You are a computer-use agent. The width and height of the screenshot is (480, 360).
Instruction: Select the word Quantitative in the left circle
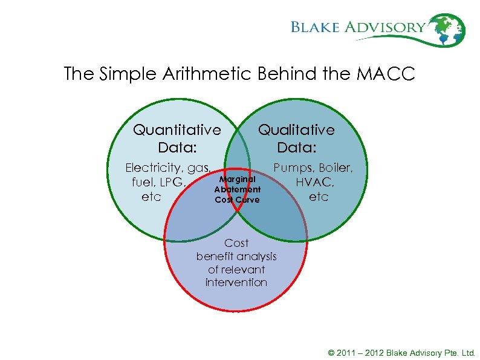point(177,130)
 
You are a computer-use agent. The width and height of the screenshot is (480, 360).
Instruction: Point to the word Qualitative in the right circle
point(296,130)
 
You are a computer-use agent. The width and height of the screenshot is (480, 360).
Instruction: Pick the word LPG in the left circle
point(173,182)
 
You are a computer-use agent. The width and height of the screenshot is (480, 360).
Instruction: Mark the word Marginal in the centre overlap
point(238,179)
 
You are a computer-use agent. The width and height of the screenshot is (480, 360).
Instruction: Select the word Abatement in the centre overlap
point(237,189)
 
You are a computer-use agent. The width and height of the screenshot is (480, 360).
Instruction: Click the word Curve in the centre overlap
point(247,200)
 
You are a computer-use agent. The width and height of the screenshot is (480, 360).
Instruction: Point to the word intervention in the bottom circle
point(236,283)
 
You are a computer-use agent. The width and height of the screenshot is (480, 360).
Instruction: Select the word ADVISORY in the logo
point(386,27)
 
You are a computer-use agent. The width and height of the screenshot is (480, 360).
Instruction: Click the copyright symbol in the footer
point(331,353)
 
